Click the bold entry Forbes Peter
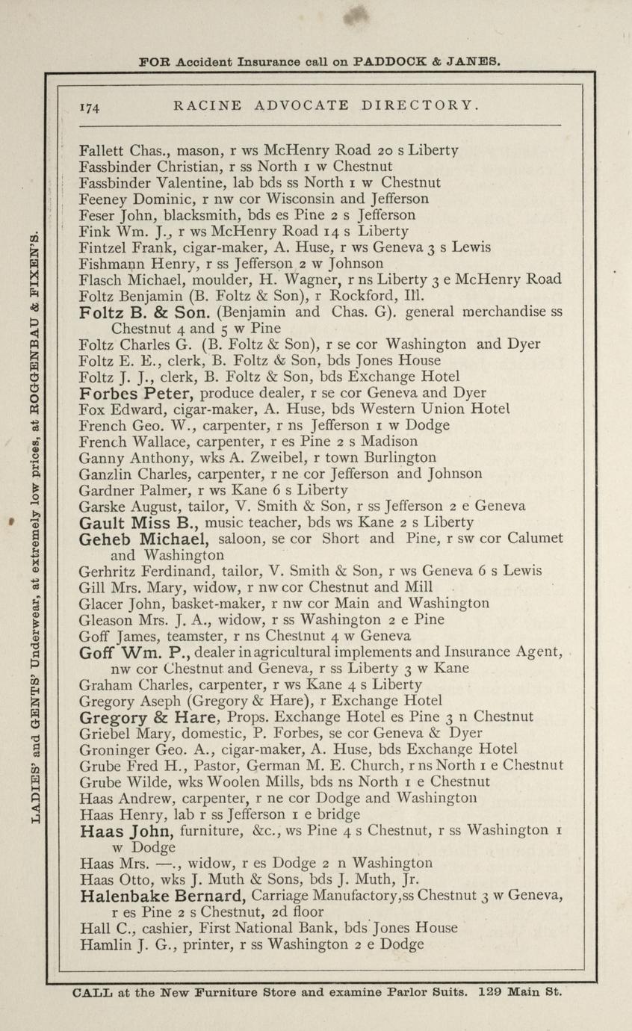click(x=137, y=392)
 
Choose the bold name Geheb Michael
click(x=149, y=539)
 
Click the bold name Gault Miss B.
click(x=138, y=522)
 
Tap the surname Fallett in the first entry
click(x=102, y=149)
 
